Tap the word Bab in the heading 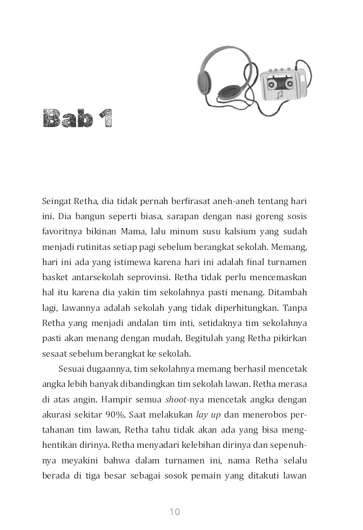coord(67,120)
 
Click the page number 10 coord(174,512)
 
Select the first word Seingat coord(56,202)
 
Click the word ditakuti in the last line coord(264,475)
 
